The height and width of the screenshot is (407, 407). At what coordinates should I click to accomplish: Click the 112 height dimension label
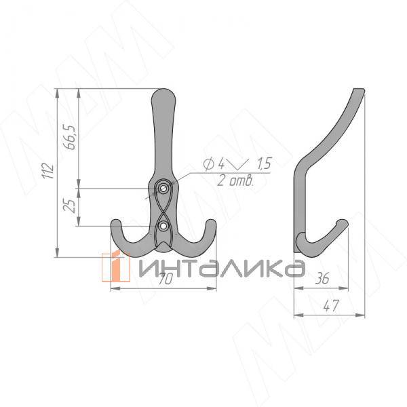click(x=49, y=170)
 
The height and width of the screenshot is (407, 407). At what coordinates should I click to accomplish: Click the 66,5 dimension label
click(x=69, y=137)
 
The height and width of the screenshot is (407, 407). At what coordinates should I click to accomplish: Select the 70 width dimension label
click(x=165, y=279)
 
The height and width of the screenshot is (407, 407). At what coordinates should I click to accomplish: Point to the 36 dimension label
click(x=322, y=278)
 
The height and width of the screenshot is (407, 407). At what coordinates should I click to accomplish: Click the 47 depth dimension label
click(x=331, y=306)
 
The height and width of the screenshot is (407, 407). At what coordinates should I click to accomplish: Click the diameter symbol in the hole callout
click(x=209, y=163)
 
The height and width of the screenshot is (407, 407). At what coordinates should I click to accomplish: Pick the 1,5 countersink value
click(x=264, y=163)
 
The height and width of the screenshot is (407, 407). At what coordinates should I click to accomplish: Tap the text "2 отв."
click(x=235, y=180)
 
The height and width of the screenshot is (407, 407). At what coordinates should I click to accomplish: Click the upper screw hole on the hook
click(x=163, y=189)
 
